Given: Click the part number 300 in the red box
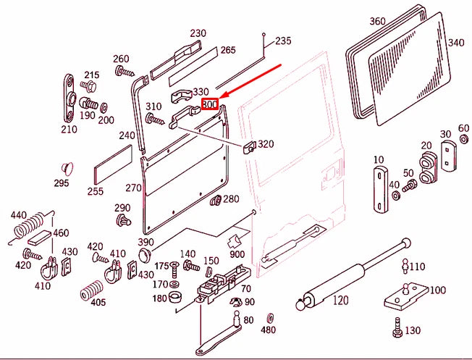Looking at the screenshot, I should coord(210,104).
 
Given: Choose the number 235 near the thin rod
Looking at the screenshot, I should coord(283,41).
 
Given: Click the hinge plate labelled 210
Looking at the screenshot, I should coord(69,99).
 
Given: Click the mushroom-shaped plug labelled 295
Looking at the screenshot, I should coord(68,168).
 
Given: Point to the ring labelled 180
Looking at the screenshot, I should coord(174,298).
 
